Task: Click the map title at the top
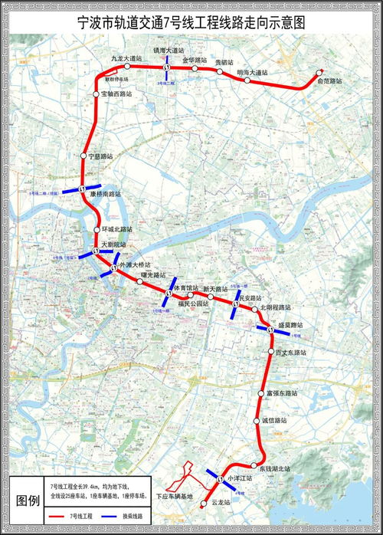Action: coord(191,23)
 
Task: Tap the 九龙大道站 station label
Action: coord(127,58)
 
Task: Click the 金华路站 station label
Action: coord(196,58)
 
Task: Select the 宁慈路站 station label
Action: coord(100,156)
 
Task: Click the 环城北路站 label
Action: coord(117,229)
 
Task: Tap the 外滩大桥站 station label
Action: coord(135,264)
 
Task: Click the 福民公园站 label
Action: coord(193,304)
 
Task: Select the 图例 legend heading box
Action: coord(28,500)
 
